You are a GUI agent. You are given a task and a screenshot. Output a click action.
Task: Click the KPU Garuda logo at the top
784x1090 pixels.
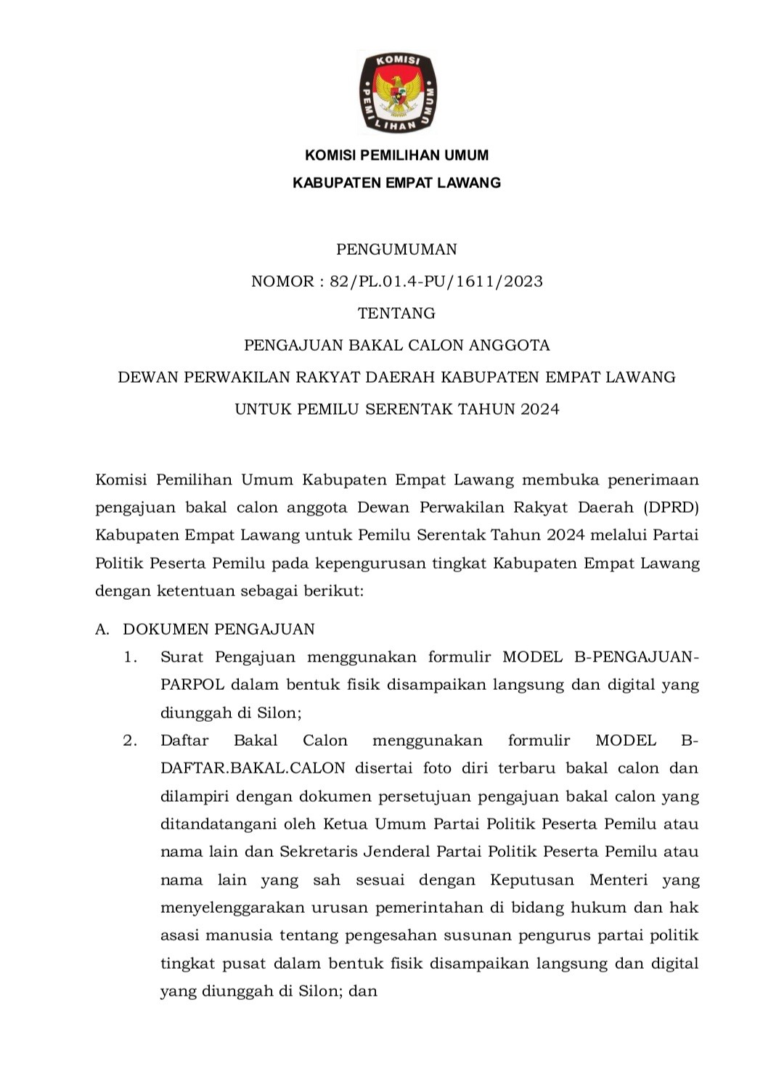[x=397, y=92]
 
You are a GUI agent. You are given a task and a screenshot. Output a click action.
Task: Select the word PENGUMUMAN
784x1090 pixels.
[x=396, y=249]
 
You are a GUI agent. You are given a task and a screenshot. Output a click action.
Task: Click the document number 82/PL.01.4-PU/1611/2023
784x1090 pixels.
[x=436, y=281]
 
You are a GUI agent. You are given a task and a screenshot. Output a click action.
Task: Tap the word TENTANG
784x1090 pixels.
[x=396, y=313]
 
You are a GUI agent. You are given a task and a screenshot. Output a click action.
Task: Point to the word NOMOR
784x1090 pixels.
[x=281, y=281]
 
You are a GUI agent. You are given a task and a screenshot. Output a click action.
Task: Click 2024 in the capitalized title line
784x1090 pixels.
[x=539, y=409]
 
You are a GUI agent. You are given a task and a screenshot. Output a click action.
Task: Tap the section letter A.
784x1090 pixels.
[x=102, y=629]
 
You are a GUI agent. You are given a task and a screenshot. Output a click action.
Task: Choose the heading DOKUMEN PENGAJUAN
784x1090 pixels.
[x=219, y=629]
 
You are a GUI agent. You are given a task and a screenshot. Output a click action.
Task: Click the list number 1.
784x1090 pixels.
[x=130, y=657]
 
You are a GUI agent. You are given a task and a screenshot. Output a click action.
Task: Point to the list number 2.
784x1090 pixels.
[x=130, y=741]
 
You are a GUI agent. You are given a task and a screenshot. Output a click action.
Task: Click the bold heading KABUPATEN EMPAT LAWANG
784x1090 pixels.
[x=396, y=182]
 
